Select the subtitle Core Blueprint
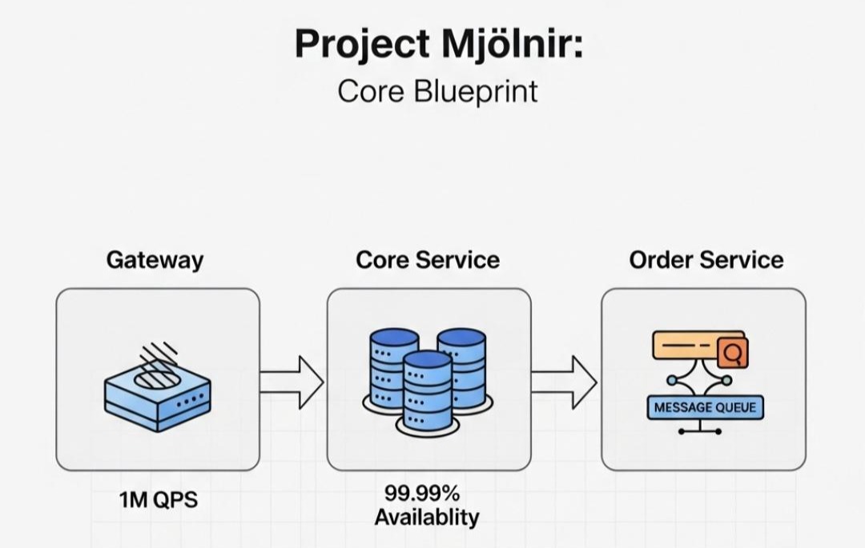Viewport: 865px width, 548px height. click(437, 91)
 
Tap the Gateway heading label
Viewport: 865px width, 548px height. click(155, 260)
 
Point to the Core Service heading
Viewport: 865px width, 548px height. click(428, 260)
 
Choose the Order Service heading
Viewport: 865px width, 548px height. click(706, 260)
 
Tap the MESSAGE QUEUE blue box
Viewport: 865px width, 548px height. click(705, 407)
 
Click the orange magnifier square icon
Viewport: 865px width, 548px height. click(733, 352)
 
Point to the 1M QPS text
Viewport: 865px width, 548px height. click(159, 501)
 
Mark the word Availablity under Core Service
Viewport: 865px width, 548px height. click(427, 518)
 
